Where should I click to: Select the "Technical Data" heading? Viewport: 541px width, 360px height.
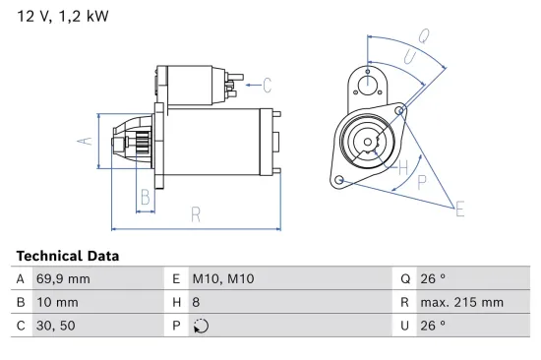click(x=68, y=256)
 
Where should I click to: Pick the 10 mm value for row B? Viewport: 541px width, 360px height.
click(x=57, y=303)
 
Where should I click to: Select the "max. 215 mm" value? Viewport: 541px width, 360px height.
click(x=462, y=303)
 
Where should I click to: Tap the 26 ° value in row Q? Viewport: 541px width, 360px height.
click(x=433, y=279)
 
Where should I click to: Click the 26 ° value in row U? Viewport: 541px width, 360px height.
click(x=433, y=326)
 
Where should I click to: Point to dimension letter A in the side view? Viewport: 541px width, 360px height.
click(x=85, y=141)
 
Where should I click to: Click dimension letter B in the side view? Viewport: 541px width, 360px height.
click(x=145, y=197)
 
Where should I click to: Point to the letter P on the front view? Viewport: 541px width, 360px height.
click(x=422, y=181)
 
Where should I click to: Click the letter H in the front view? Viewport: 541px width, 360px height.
click(x=401, y=167)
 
